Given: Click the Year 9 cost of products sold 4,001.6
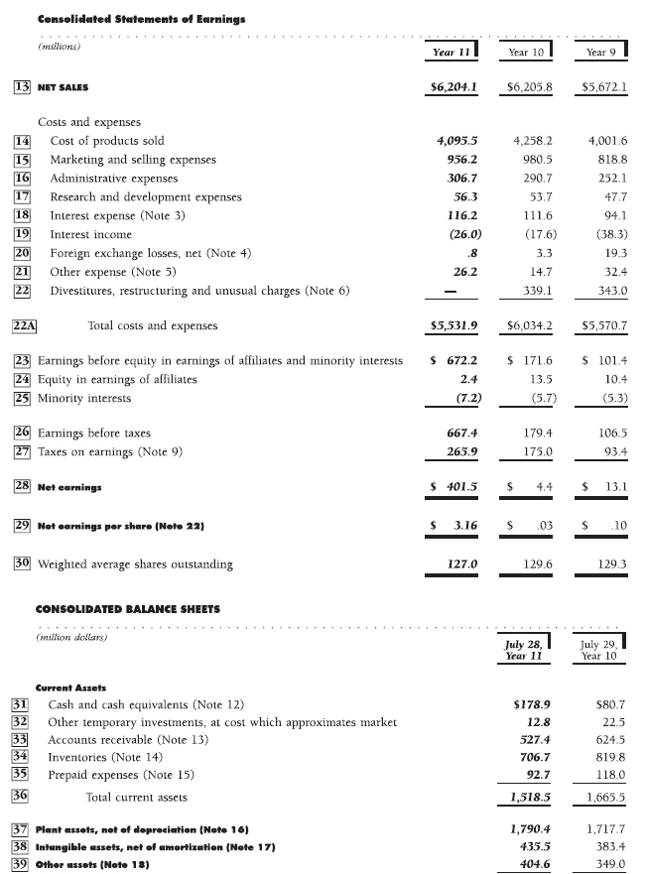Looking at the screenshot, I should [607, 141].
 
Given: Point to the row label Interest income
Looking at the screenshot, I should [90, 234].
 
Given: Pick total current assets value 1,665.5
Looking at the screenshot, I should [604, 797].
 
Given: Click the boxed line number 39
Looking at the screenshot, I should [19, 865].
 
